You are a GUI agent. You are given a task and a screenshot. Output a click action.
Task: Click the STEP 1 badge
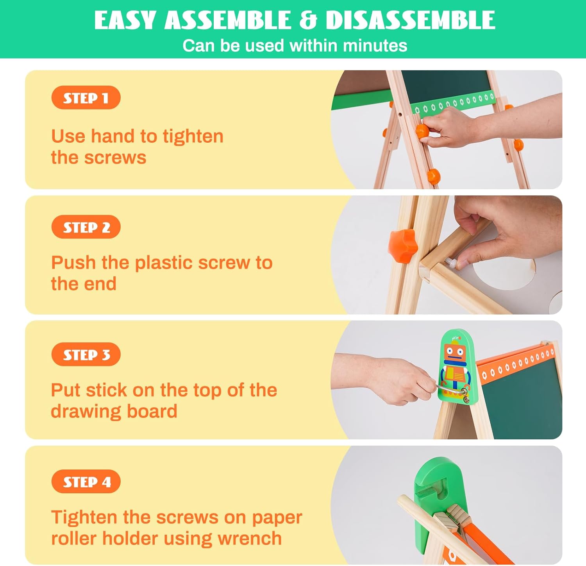pyautogui.click(x=86, y=98)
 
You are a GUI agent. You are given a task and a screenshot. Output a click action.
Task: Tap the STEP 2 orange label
pyautogui.click(x=86, y=227)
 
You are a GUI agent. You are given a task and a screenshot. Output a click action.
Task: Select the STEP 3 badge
pyautogui.click(x=86, y=354)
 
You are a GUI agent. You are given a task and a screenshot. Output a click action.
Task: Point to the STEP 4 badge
pyautogui.click(x=86, y=482)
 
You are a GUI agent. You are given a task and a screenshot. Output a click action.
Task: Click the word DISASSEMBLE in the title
pyautogui.click(x=410, y=20)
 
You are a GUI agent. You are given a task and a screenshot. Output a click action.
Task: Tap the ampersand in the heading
pyautogui.click(x=308, y=20)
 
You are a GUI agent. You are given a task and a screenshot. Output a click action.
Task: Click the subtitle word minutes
pyautogui.click(x=375, y=46)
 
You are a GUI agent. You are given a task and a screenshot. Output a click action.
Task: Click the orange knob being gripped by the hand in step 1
pyautogui.click(x=422, y=131)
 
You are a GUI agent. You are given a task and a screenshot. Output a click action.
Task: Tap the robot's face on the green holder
pyautogui.click(x=454, y=352)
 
